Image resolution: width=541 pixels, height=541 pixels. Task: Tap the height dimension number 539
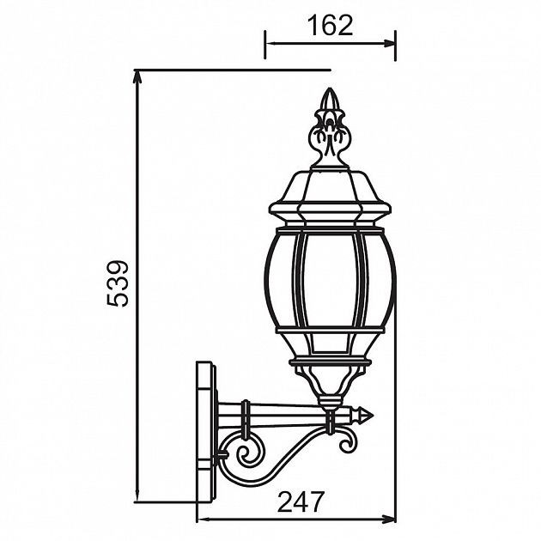click(118, 283)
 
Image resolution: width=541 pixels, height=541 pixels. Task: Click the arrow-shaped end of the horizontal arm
click(368, 415)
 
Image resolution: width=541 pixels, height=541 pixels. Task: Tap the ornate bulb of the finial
click(328, 137)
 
